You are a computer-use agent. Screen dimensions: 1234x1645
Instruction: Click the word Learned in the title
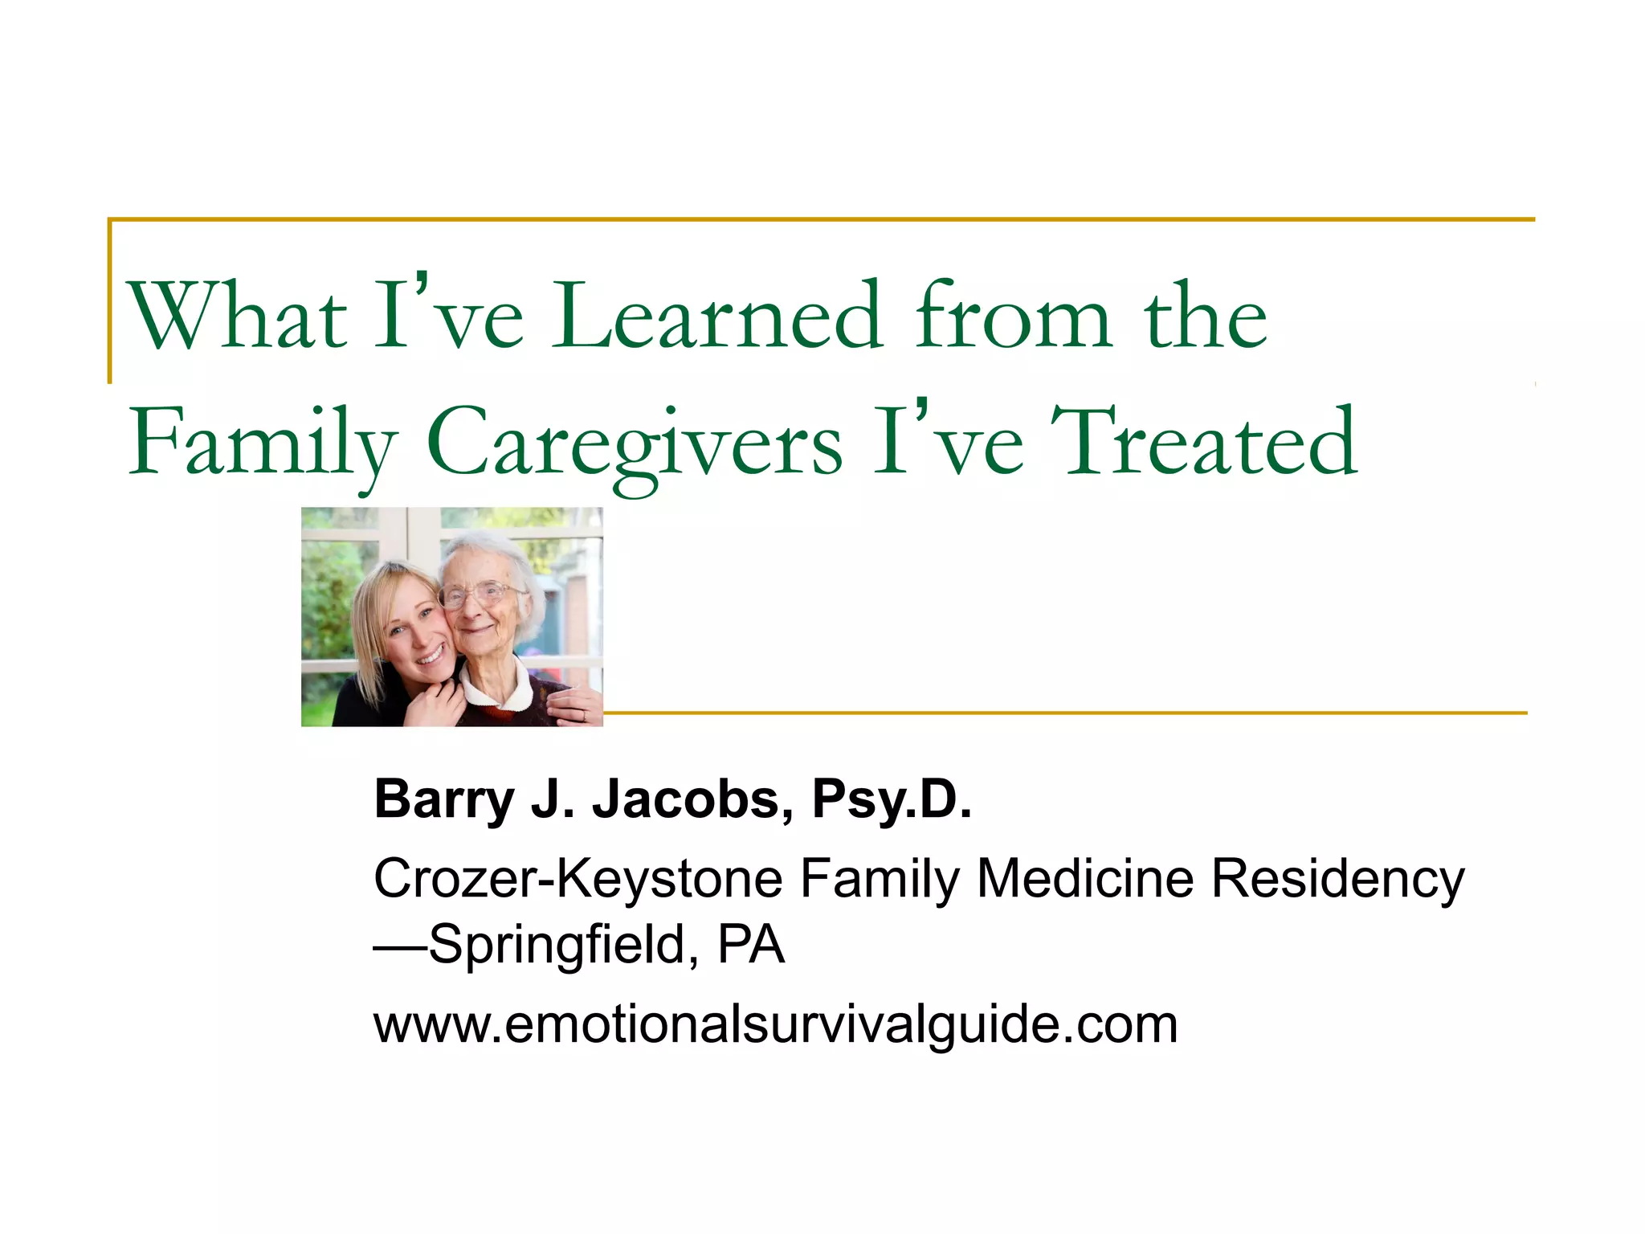pyautogui.click(x=717, y=317)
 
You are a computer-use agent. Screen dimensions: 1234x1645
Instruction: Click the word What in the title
pyautogui.click(x=238, y=317)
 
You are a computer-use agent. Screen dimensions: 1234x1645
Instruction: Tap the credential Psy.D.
pyautogui.click(x=892, y=800)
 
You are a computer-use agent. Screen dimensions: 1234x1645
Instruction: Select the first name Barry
pyautogui.click(x=444, y=800)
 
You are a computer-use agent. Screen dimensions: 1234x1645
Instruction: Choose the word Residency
pyautogui.click(x=1337, y=879)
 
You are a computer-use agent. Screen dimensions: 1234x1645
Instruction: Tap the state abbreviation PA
pyautogui.click(x=750, y=945)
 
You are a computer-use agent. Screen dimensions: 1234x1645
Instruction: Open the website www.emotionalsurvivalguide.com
pyautogui.click(x=776, y=1025)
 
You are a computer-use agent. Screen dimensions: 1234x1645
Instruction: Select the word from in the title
pyautogui.click(x=1013, y=317)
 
